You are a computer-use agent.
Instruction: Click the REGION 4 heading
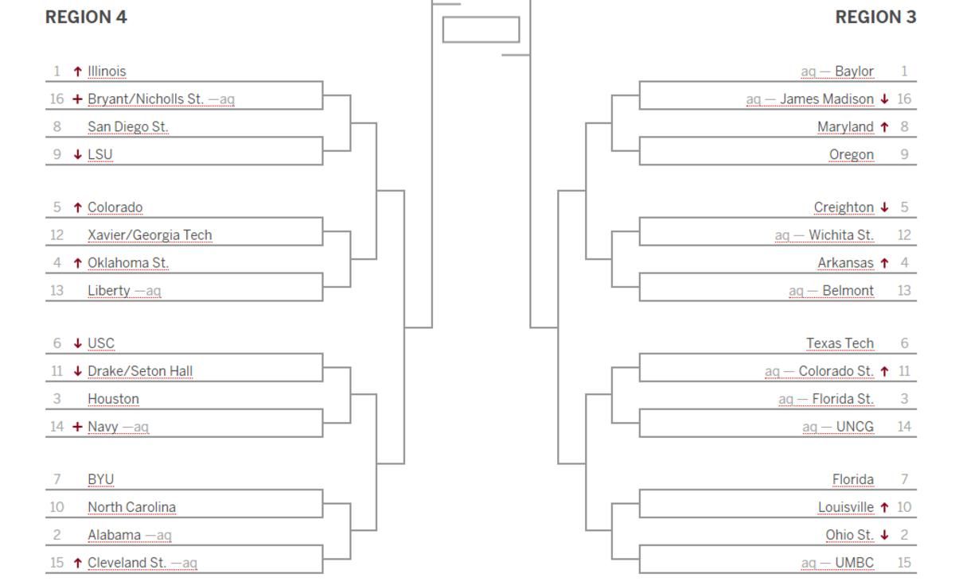[86, 17]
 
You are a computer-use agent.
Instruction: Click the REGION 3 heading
[875, 17]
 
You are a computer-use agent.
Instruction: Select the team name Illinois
[107, 71]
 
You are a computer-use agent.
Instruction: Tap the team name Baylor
[855, 71]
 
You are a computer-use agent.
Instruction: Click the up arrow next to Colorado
[78, 207]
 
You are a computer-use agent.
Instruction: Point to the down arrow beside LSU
[78, 154]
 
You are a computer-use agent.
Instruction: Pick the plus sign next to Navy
[77, 426]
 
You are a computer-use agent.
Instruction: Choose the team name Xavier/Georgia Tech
[150, 235]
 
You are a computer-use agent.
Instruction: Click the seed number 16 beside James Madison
[904, 99]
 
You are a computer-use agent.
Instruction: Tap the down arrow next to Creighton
[885, 207]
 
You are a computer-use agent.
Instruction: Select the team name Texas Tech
[840, 343]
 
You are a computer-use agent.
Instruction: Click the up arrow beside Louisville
[885, 507]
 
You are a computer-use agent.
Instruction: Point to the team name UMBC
[855, 563]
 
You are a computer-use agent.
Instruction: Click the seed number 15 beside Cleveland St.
[57, 563]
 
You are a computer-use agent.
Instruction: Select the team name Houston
[113, 399]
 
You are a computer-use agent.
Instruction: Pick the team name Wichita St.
[841, 235]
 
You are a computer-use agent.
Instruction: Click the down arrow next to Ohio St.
[885, 535]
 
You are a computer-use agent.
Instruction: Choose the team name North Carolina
[132, 507]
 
